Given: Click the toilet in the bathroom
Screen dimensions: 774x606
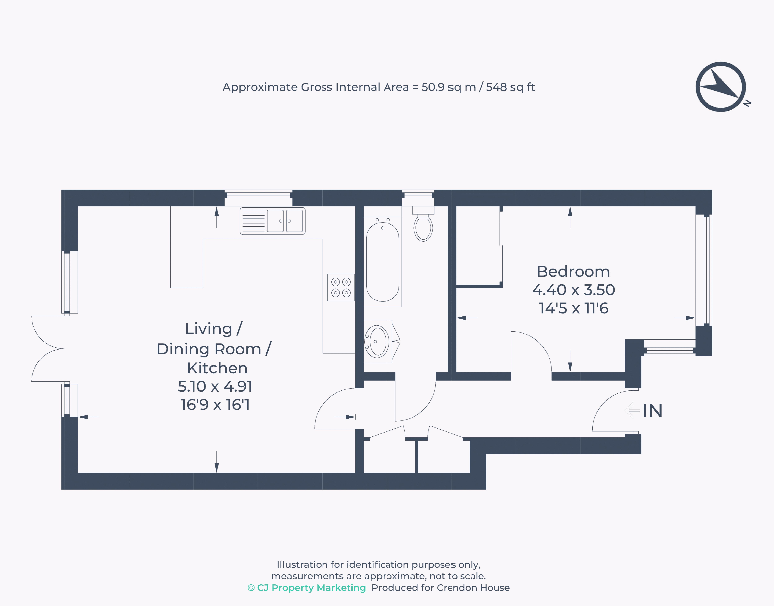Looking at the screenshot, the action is point(423,224).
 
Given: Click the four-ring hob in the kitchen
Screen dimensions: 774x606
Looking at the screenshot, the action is point(341,287).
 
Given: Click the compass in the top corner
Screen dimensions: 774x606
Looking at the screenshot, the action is point(721,87).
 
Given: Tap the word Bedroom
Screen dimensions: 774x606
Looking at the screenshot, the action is point(573,272).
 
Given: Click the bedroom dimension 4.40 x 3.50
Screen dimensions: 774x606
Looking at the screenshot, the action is point(573,290).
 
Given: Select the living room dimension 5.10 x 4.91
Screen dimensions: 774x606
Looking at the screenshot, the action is point(215,386).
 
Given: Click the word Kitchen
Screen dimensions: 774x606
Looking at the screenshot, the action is point(217,368).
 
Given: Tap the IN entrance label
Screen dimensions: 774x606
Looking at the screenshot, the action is point(652,411).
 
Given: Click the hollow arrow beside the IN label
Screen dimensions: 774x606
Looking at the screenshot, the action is point(633,411).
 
